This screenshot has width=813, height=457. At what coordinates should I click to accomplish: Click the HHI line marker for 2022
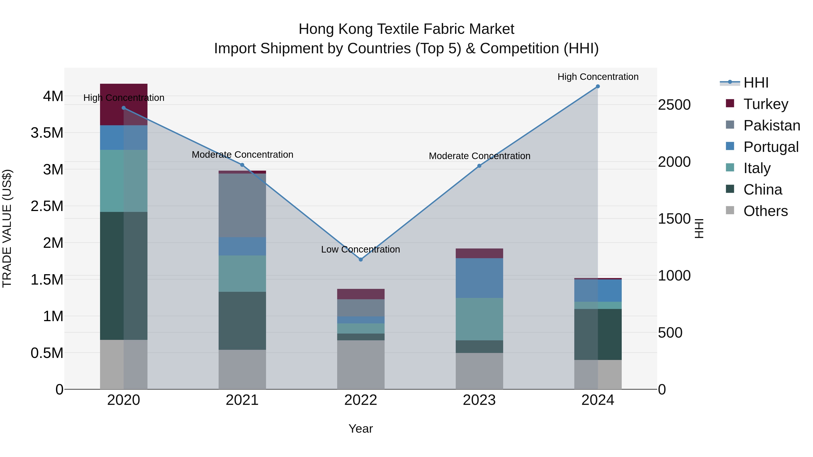click(x=361, y=260)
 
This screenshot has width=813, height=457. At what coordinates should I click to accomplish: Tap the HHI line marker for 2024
click(x=598, y=86)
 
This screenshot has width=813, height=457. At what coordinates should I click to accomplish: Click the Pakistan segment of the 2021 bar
click(x=242, y=205)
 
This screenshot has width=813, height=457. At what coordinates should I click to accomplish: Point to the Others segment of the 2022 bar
click(x=361, y=365)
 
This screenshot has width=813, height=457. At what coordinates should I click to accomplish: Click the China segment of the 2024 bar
click(x=598, y=334)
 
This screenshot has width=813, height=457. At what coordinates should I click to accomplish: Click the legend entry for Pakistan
click(x=771, y=125)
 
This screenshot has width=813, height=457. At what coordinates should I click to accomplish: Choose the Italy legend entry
click(x=757, y=168)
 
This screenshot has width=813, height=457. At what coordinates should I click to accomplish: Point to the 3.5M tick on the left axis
click(x=47, y=133)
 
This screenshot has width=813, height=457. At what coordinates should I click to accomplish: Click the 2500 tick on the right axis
click(x=674, y=105)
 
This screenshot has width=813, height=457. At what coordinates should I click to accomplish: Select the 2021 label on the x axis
click(x=242, y=400)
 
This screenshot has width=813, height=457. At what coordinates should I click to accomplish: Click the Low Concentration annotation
click(x=360, y=249)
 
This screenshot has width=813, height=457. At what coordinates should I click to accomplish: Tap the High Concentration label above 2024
click(x=598, y=77)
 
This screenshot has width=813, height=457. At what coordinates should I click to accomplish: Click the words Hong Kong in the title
click(x=336, y=29)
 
